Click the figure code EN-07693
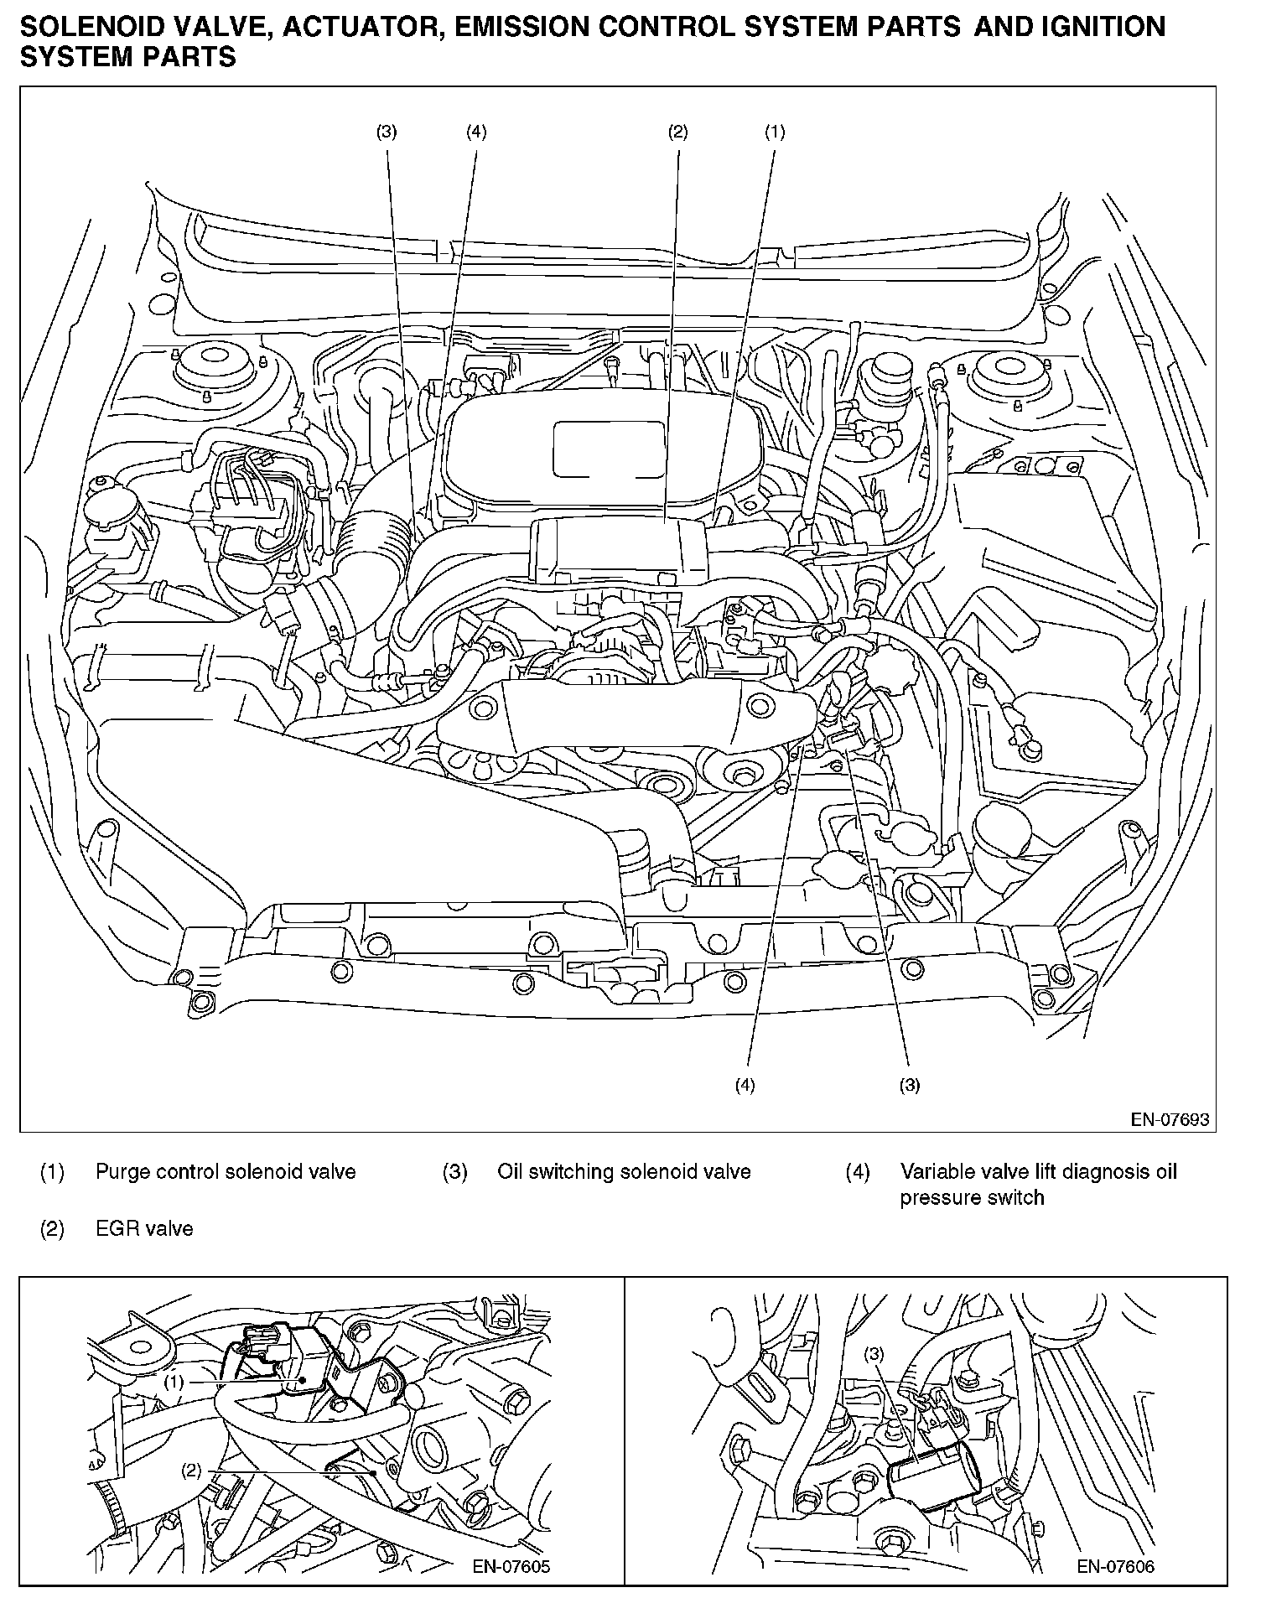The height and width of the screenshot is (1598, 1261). click(1170, 1120)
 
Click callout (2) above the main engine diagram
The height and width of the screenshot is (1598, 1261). click(677, 132)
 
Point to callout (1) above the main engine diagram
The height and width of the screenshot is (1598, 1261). click(774, 132)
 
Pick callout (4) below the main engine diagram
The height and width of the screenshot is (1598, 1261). click(745, 1085)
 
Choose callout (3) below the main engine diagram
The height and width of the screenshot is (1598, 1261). click(910, 1085)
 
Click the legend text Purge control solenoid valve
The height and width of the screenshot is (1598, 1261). click(226, 1171)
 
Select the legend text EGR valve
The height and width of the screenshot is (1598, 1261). click(144, 1229)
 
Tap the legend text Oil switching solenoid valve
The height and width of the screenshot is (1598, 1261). click(624, 1171)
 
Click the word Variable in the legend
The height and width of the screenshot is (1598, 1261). click(931, 1171)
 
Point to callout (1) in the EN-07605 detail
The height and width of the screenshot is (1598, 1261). click(174, 1383)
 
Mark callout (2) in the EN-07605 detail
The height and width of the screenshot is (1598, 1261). click(192, 1471)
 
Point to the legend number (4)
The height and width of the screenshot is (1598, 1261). click(857, 1171)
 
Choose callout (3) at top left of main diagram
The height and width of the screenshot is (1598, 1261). click(387, 132)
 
